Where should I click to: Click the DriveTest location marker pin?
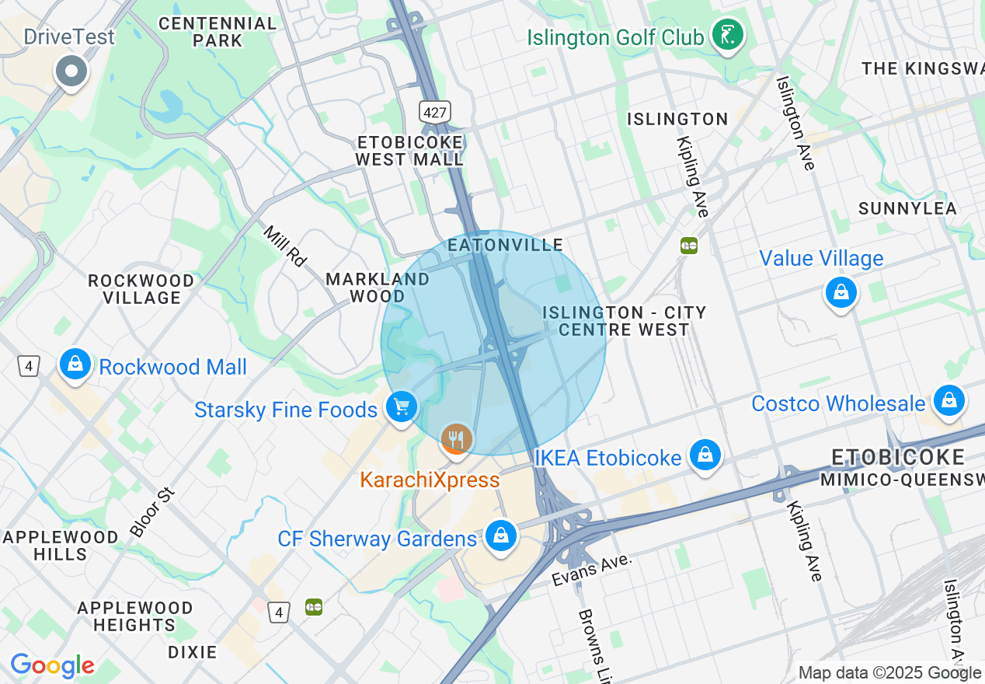coord(71,72)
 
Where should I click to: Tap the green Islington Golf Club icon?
coord(729,35)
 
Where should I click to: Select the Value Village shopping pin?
coord(841,292)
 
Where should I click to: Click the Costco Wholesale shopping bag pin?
coord(948,401)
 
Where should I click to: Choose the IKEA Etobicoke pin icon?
coord(705,455)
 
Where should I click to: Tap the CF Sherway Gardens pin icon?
coord(501,536)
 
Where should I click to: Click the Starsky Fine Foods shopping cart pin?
coord(402,407)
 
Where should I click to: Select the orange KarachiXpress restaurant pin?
coord(456,440)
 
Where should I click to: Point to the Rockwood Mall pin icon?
coord(75,364)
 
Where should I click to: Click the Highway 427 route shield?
coord(435,112)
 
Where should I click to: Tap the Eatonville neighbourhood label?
coord(506,246)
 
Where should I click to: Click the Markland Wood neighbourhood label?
coord(378,288)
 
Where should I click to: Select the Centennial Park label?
coord(218,32)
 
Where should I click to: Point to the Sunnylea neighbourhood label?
coord(907,208)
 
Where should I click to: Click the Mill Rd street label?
coord(285,246)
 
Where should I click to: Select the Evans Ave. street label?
coord(593,571)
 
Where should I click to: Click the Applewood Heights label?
coord(135,616)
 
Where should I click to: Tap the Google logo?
coord(52,666)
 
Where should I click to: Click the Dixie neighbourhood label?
coord(192,652)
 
